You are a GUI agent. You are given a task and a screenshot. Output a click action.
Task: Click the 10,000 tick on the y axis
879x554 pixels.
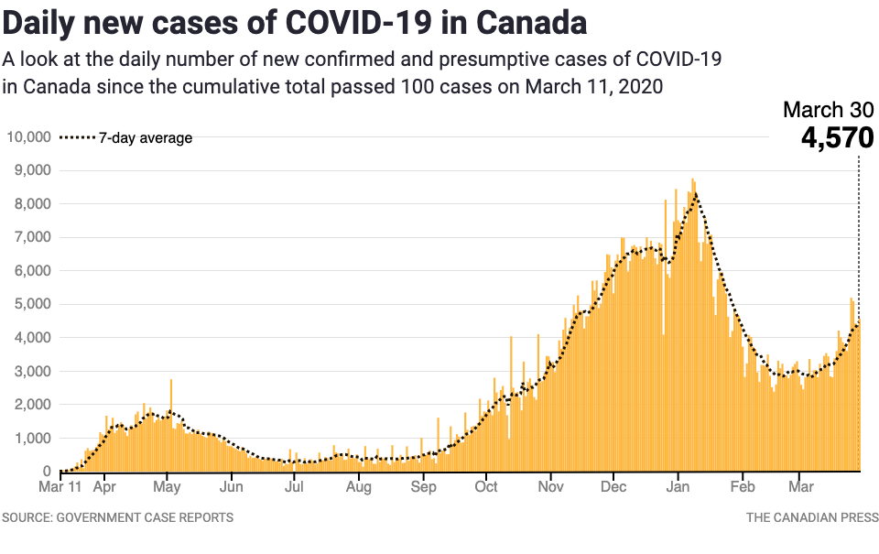click(x=27, y=137)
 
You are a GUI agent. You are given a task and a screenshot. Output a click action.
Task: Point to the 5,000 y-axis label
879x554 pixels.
click(x=31, y=304)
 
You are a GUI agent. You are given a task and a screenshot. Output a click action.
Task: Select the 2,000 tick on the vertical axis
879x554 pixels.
click(x=31, y=405)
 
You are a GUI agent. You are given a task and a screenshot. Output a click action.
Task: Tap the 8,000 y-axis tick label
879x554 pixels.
click(x=31, y=204)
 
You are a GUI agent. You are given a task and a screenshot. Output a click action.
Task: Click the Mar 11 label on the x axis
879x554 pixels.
click(x=61, y=486)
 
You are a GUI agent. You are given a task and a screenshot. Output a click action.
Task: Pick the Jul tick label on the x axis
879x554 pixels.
click(x=295, y=486)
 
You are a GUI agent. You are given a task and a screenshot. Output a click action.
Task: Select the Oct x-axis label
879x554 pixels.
click(x=486, y=486)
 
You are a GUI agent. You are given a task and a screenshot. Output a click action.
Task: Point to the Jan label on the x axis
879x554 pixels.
click(x=678, y=486)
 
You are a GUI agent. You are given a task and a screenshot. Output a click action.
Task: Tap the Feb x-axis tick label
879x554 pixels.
click(x=743, y=486)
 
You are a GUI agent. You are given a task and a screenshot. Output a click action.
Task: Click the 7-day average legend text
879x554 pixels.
click(x=146, y=138)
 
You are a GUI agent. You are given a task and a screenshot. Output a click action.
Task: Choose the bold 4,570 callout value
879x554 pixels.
click(x=837, y=138)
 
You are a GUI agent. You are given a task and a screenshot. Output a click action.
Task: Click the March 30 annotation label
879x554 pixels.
click(x=828, y=110)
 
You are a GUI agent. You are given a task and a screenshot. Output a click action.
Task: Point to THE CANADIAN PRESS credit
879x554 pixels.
click(x=809, y=517)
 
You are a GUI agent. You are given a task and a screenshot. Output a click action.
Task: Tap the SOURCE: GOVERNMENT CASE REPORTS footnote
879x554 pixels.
click(x=117, y=517)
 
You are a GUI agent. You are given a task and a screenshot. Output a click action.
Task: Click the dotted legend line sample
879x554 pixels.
click(x=77, y=138)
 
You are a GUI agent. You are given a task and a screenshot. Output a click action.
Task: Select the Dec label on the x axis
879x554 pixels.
click(x=614, y=486)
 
